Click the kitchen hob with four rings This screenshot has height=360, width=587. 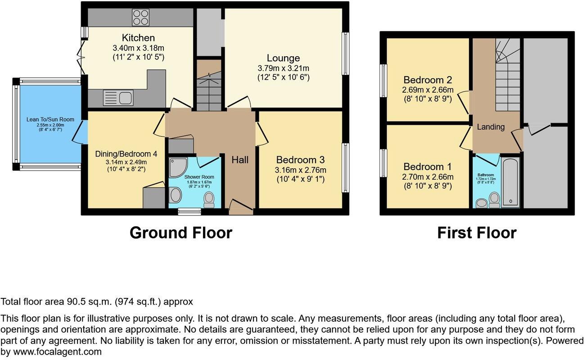(x=140, y=17)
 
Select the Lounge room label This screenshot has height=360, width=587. (x=283, y=58)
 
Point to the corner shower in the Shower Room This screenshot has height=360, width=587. (x=177, y=167)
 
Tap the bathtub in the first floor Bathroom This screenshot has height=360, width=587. (x=510, y=181)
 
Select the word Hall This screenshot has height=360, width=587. (x=240, y=160)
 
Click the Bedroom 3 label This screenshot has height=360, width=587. (x=300, y=160)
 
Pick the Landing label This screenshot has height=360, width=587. (x=491, y=127)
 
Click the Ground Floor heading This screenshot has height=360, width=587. (x=181, y=233)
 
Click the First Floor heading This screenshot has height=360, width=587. (x=477, y=233)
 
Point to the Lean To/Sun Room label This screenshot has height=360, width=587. (x=50, y=120)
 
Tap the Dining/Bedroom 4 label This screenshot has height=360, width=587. (x=121, y=153)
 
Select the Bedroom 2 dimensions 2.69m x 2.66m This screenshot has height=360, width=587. (x=428, y=90)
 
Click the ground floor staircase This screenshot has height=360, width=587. (x=209, y=88)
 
